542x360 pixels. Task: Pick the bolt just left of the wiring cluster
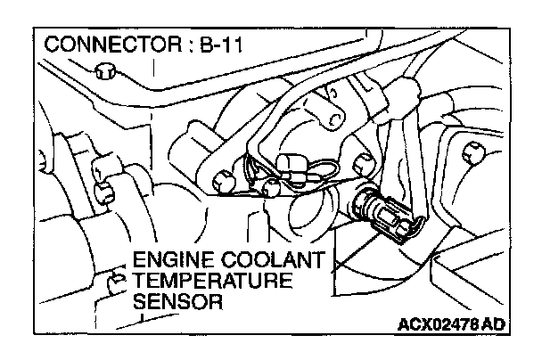coord(220,175)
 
